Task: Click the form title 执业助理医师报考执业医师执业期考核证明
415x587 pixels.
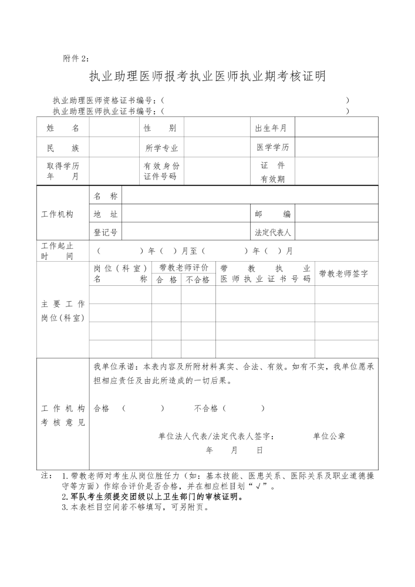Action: point(207,77)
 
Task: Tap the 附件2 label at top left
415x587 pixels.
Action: point(77,58)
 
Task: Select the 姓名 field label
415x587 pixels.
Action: point(63,128)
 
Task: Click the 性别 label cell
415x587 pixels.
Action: point(160,128)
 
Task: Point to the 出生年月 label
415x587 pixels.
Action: point(271,128)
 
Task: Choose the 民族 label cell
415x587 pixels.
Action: point(63,148)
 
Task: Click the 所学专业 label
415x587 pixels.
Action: point(161,148)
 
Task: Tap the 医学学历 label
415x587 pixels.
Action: point(272,147)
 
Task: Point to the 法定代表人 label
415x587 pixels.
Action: point(272,232)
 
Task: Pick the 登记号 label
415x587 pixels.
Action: point(106,232)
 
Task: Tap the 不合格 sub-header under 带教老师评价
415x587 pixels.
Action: point(198,280)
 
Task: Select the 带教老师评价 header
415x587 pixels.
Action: point(183,268)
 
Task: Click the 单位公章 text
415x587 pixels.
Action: point(329,436)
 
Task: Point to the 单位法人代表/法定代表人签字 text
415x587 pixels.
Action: point(215,436)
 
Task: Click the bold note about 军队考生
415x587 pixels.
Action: point(153,497)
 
